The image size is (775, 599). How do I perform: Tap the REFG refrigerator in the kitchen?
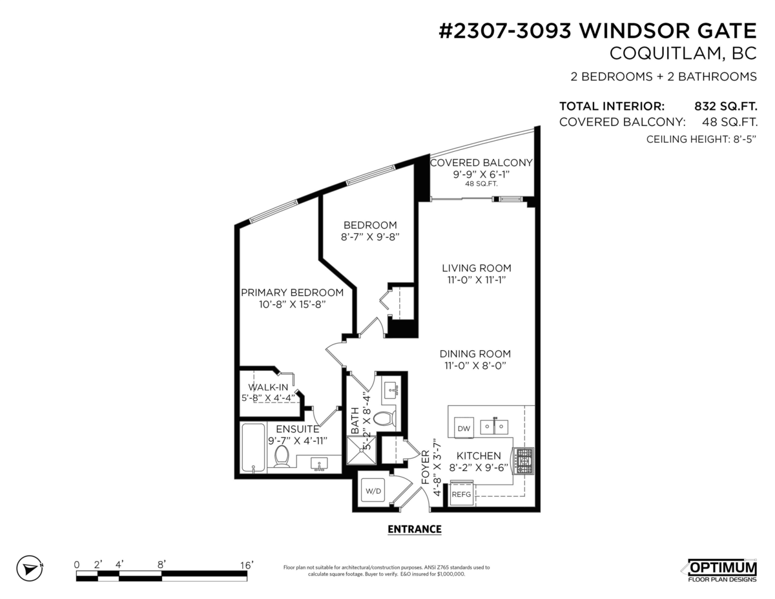[x=462, y=494]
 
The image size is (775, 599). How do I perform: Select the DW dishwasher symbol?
[x=464, y=428]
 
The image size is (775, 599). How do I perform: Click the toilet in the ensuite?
[x=282, y=456]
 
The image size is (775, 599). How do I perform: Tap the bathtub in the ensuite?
[x=253, y=448]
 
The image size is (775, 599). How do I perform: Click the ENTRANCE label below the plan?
[x=414, y=529]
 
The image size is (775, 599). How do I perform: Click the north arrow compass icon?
[x=29, y=569]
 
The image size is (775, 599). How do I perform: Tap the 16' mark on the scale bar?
[x=246, y=565]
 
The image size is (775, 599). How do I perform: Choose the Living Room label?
[x=477, y=268]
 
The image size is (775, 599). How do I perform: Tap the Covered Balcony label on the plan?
[x=481, y=163]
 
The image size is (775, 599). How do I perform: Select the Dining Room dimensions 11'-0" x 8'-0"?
[x=475, y=366]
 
